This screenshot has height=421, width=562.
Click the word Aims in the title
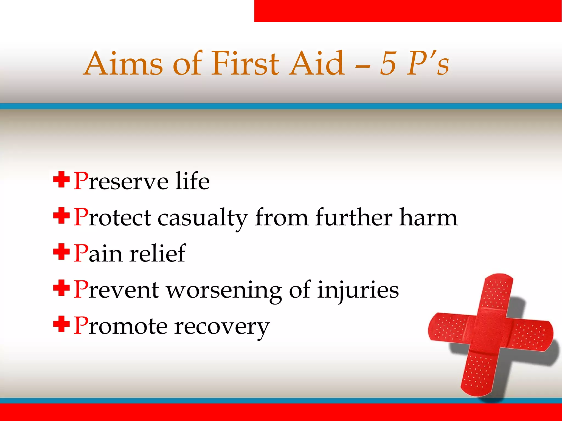123,64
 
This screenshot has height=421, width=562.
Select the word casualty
203,218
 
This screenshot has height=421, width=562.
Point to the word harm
428,218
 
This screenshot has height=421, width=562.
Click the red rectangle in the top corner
408,11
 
